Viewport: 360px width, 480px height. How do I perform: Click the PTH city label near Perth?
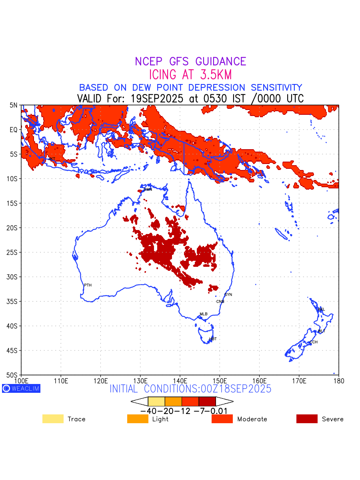(x=88, y=285)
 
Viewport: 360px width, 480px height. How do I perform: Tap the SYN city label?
(x=228, y=295)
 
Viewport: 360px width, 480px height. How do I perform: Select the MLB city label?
(x=204, y=314)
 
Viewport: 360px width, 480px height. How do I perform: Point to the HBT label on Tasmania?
(x=213, y=339)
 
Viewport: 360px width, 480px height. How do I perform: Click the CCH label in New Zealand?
(x=314, y=342)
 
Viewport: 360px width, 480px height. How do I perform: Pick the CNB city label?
(x=220, y=302)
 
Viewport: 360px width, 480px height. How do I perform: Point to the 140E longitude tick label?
(x=180, y=380)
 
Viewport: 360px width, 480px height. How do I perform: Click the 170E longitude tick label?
(x=299, y=380)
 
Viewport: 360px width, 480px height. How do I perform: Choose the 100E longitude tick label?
(x=21, y=380)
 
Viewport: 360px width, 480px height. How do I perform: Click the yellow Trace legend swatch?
(x=53, y=419)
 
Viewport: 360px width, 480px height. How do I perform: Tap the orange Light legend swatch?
(x=138, y=419)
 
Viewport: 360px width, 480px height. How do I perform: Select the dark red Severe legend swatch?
(x=307, y=419)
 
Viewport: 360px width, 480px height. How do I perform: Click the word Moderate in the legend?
(x=252, y=419)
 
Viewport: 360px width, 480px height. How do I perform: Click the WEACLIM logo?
(x=21, y=388)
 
